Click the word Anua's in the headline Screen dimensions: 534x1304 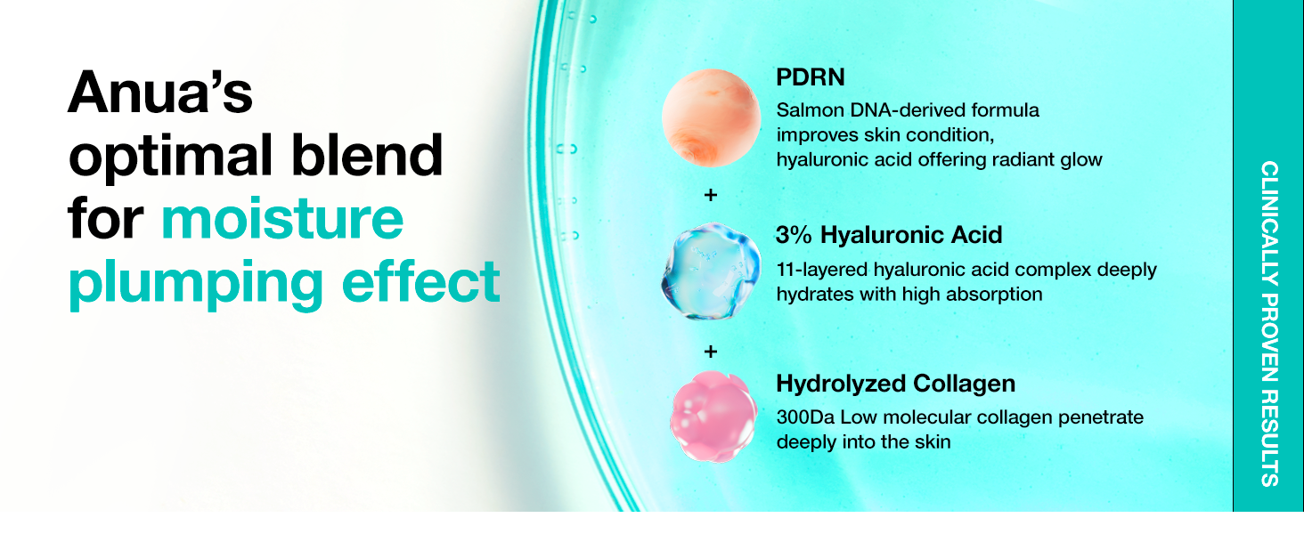click(x=161, y=93)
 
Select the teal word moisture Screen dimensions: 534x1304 click(x=282, y=219)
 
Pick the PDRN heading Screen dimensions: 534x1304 click(x=811, y=77)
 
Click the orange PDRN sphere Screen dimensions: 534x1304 click(x=710, y=118)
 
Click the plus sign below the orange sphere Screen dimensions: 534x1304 click(x=711, y=195)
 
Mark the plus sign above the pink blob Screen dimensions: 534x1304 click(x=711, y=351)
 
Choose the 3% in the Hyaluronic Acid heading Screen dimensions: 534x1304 click(x=794, y=235)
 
